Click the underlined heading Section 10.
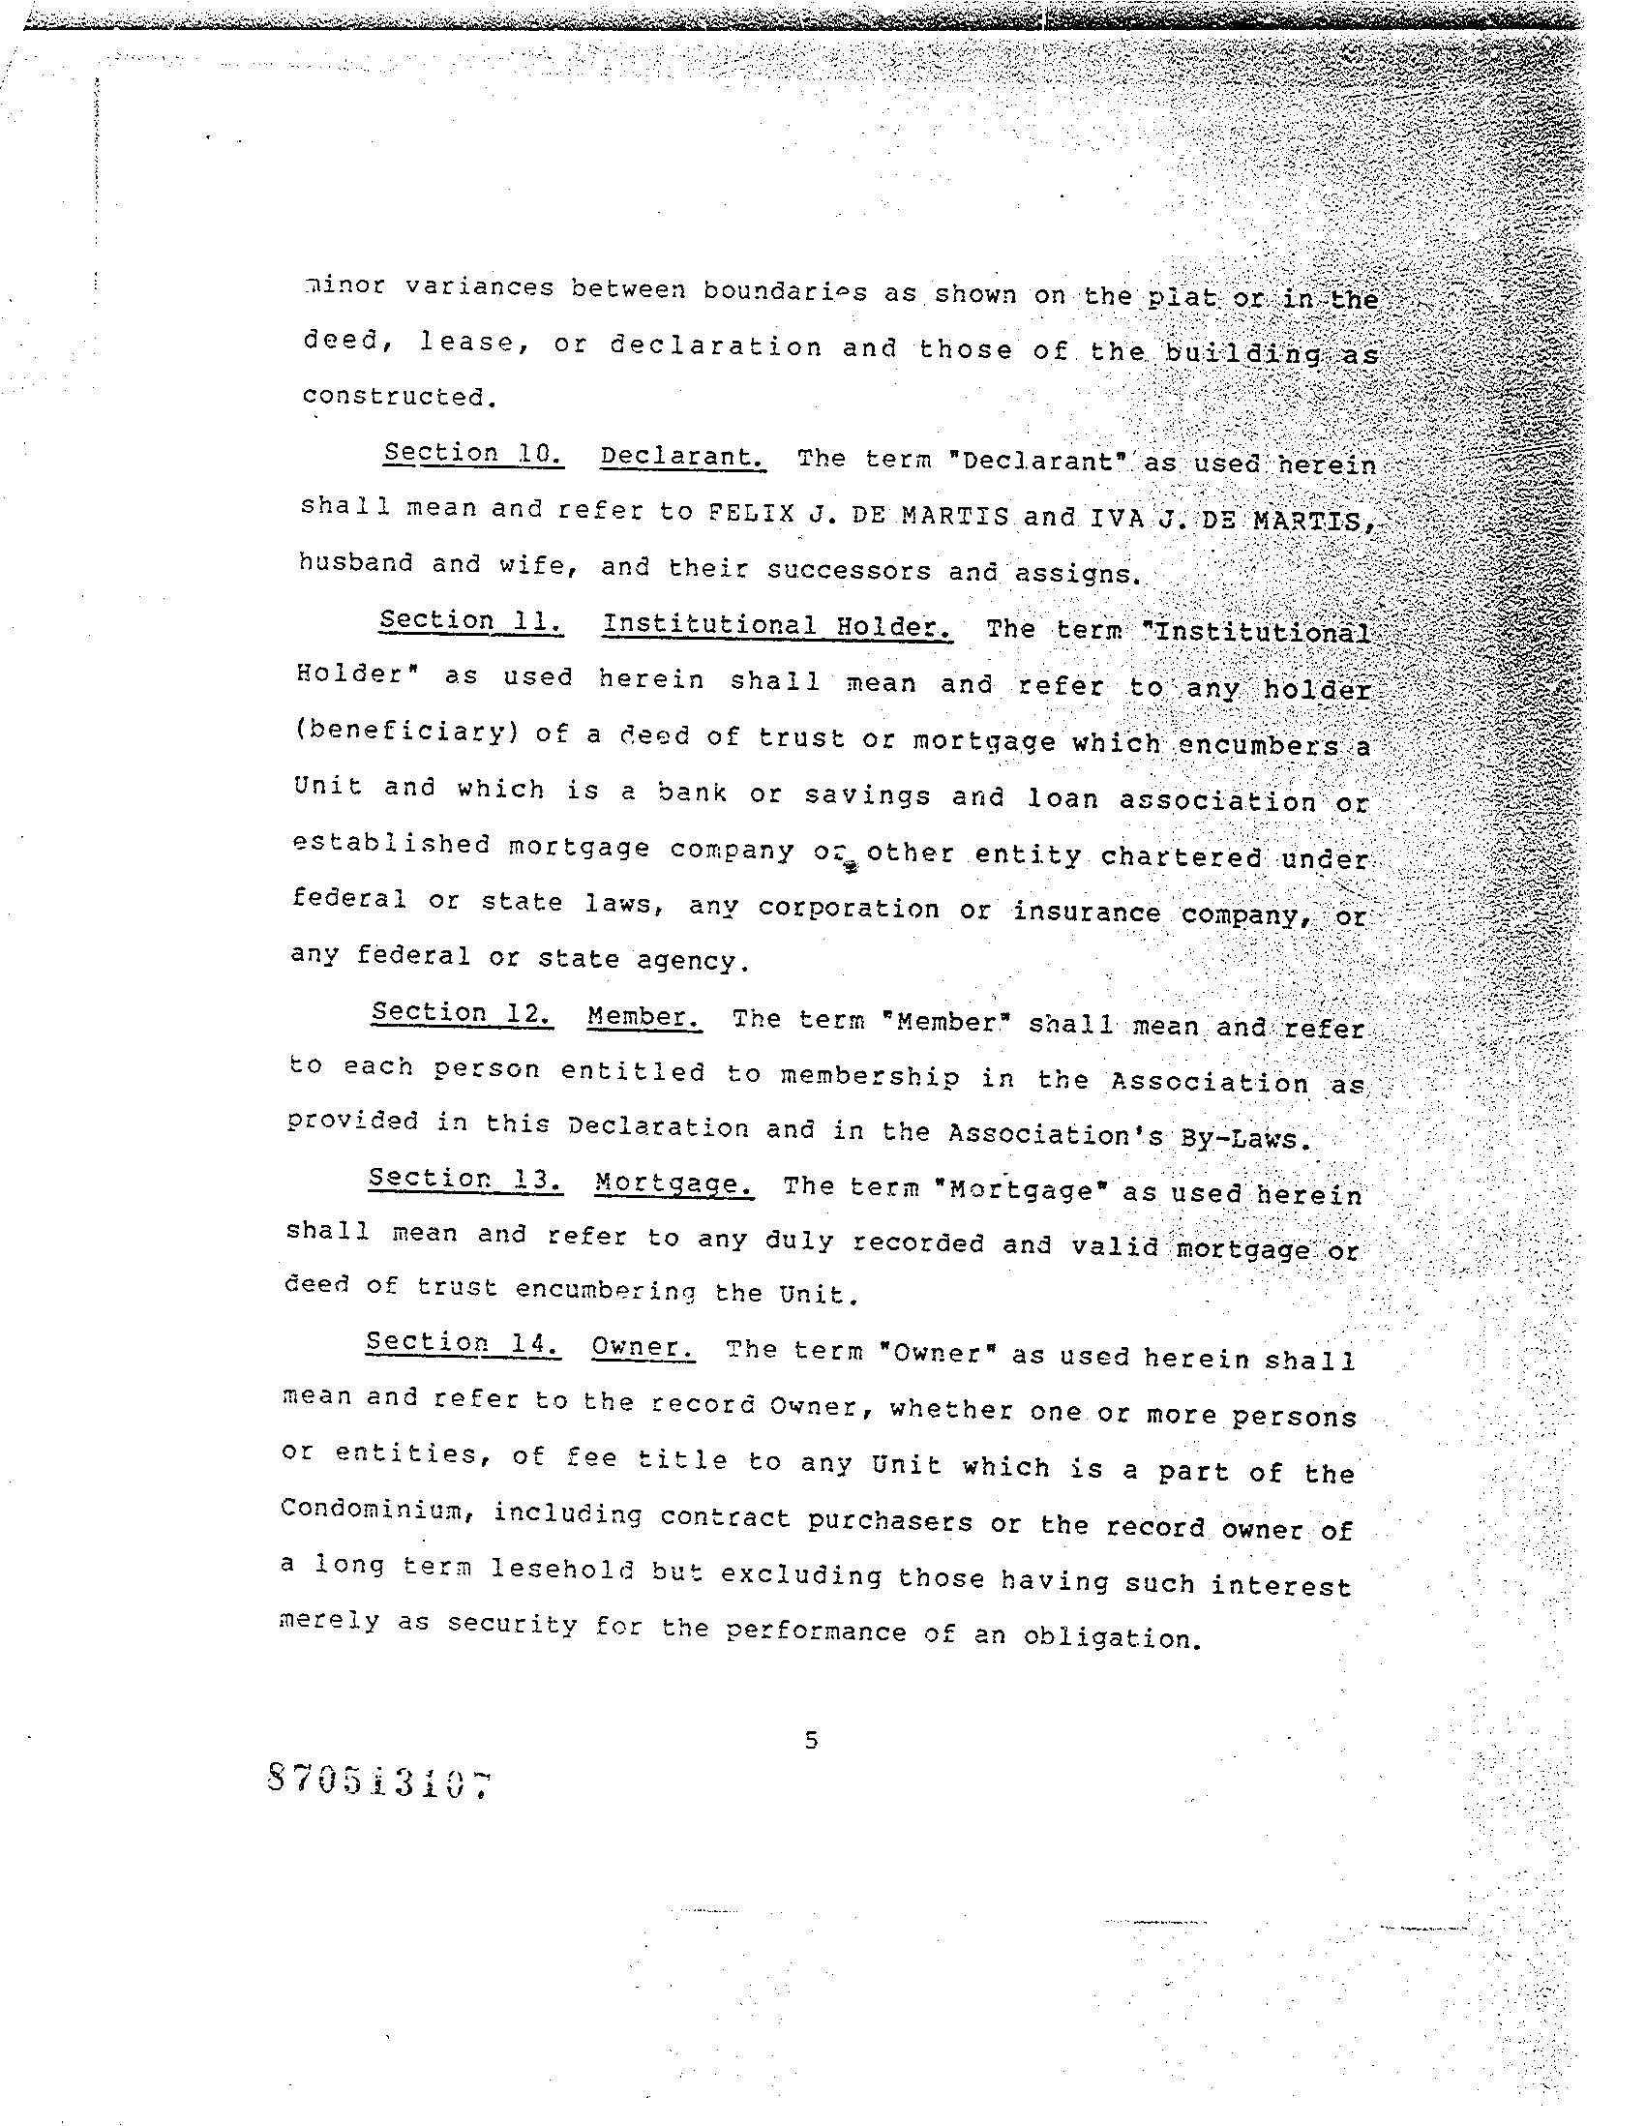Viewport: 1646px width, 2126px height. tap(473, 454)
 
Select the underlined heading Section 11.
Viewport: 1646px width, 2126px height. tap(471, 621)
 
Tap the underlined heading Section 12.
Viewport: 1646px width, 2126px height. tap(463, 1013)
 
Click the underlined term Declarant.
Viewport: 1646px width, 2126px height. tap(682, 457)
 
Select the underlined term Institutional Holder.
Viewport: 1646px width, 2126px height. tap(777, 625)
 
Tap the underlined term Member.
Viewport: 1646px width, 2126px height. tap(644, 1017)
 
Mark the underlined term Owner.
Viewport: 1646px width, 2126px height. tap(643, 1348)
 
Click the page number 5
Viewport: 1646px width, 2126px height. tap(811, 1740)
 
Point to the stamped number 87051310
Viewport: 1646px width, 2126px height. tap(376, 1781)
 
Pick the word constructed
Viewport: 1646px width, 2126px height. tap(393, 396)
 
